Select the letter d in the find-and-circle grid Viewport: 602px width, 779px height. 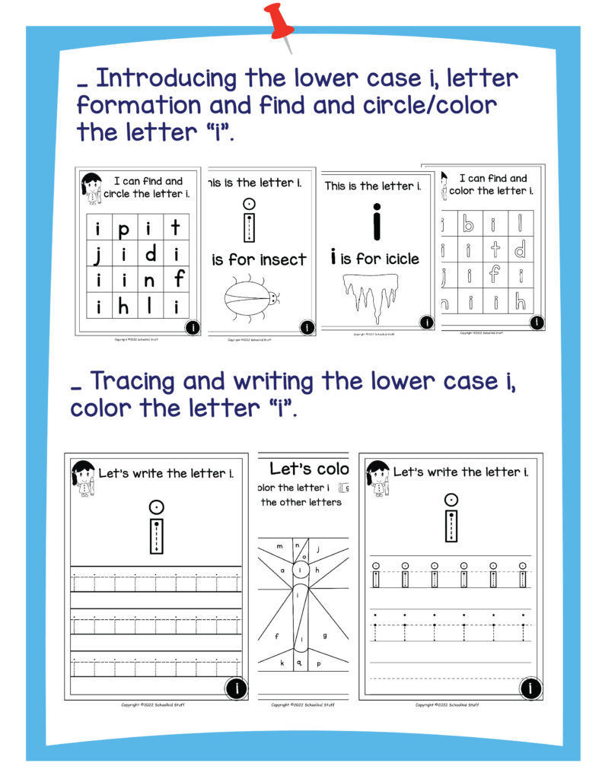pos(150,253)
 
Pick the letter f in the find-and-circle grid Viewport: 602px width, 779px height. pos(178,278)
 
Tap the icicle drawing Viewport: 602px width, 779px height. pos(372,296)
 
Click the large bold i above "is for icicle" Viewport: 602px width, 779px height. pos(374,221)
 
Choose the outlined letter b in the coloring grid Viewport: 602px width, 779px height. pos(468,224)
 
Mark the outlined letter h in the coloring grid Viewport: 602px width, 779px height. pos(519,302)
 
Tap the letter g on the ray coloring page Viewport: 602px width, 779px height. pos(325,634)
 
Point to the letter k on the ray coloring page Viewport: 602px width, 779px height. pos(282,663)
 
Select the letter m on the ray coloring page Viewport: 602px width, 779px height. pos(279,545)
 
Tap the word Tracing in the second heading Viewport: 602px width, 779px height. pos(132,380)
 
